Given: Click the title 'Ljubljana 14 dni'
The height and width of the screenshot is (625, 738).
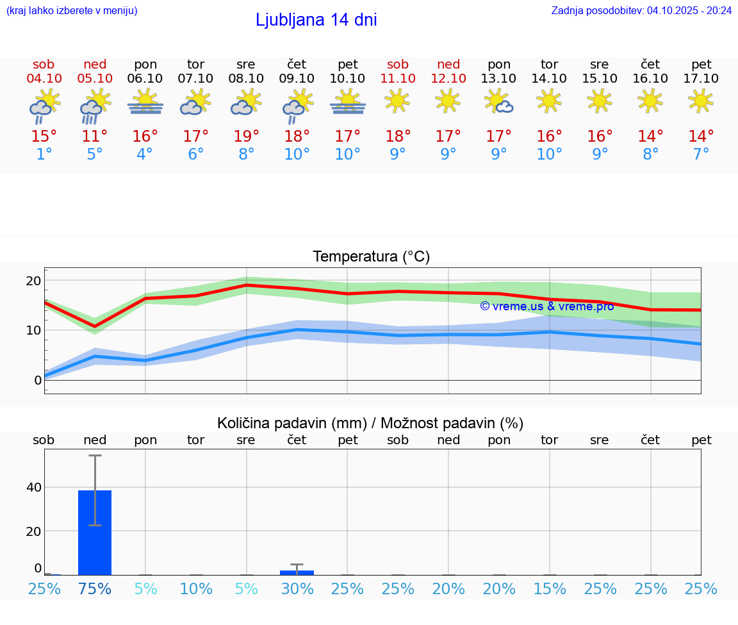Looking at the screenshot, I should click(x=316, y=20).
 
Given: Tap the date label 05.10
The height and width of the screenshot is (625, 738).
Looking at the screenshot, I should click(x=95, y=78).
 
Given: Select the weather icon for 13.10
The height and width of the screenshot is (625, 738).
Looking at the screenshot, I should click(x=498, y=102).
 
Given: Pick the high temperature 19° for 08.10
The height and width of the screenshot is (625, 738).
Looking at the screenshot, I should click(x=246, y=137).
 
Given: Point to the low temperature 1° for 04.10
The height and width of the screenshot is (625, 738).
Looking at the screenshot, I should click(x=44, y=154).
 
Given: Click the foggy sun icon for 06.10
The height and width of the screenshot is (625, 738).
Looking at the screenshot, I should click(x=145, y=102).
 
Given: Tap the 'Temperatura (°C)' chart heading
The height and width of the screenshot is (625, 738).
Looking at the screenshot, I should click(x=371, y=257).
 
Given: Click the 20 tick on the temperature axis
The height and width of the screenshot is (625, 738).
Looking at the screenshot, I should click(x=33, y=281).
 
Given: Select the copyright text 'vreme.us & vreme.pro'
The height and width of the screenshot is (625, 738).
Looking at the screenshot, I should click(x=546, y=306).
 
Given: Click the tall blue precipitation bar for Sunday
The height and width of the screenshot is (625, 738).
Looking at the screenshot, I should click(x=95, y=532).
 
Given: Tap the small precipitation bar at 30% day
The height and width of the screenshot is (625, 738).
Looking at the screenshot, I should click(x=297, y=572).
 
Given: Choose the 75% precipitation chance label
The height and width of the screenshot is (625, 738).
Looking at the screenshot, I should click(x=95, y=588).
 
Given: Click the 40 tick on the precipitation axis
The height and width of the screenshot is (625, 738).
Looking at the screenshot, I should click(x=33, y=487).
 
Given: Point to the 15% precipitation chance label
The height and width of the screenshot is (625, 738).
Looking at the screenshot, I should click(x=549, y=588).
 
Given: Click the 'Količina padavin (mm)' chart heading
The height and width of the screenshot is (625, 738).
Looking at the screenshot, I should click(x=370, y=423).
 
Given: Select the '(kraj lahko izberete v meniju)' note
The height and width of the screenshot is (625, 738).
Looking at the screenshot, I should click(x=71, y=10).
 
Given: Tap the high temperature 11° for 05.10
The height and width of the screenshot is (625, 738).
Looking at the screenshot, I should click(x=95, y=137).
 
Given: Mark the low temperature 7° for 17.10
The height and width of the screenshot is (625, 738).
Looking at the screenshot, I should click(x=701, y=154).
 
